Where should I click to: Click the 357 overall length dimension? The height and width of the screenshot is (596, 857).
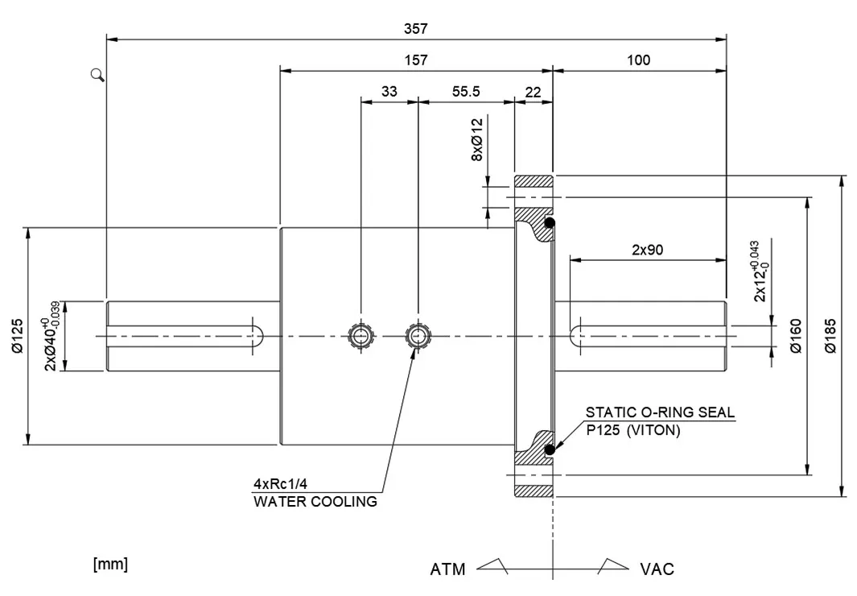pyautogui.click(x=415, y=28)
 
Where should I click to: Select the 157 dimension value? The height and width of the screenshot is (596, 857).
pyautogui.click(x=415, y=60)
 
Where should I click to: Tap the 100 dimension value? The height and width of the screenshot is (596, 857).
pyautogui.click(x=638, y=60)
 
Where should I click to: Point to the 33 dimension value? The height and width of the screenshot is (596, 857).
pyautogui.click(x=389, y=92)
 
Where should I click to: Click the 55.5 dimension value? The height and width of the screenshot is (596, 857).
pyautogui.click(x=465, y=92)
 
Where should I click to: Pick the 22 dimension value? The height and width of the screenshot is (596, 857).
pyautogui.click(x=533, y=92)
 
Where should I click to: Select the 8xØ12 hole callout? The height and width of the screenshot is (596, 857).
pyautogui.click(x=476, y=140)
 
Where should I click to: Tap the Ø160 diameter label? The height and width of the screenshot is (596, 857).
pyautogui.click(x=795, y=336)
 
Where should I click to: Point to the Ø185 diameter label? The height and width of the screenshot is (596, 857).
pyautogui.click(x=831, y=336)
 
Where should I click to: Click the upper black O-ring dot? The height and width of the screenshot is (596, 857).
pyautogui.click(x=550, y=222)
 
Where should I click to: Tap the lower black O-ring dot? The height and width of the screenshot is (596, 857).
pyautogui.click(x=550, y=449)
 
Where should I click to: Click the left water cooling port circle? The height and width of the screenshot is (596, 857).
pyautogui.click(x=360, y=335)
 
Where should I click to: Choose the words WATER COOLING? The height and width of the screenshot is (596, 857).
pyautogui.click(x=315, y=502)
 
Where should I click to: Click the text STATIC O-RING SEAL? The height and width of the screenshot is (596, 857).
pyautogui.click(x=660, y=413)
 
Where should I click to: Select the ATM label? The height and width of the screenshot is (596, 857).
pyautogui.click(x=447, y=569)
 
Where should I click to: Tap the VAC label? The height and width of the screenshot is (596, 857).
pyautogui.click(x=657, y=569)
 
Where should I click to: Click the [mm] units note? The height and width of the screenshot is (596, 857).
pyautogui.click(x=110, y=564)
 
